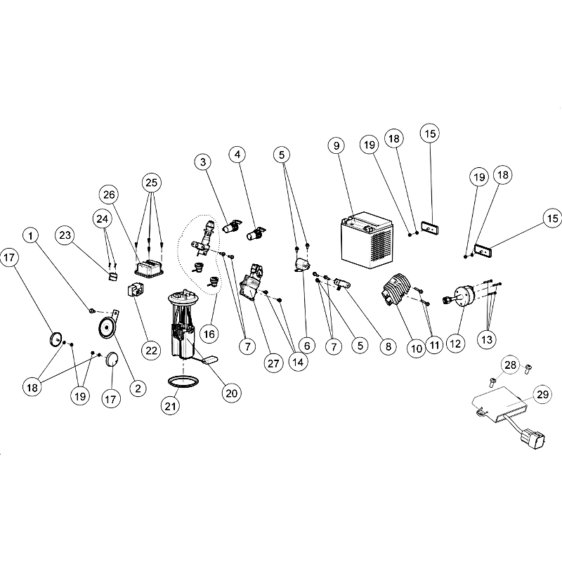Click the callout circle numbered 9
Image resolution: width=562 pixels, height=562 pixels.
(336, 145)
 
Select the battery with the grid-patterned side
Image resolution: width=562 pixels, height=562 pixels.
(366, 240)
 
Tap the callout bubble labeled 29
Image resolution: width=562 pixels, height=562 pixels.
(542, 395)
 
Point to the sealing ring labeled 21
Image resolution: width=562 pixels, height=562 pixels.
(183, 381)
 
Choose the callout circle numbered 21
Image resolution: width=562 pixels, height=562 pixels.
(170, 406)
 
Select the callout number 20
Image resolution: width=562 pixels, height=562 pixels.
(232, 393)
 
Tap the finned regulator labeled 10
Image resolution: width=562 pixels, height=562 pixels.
(396, 289)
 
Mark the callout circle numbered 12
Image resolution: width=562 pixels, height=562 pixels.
(455, 344)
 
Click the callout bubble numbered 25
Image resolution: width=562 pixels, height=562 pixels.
(152, 183)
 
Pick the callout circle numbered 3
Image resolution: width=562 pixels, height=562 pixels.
(203, 162)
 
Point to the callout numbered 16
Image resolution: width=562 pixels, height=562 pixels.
(209, 334)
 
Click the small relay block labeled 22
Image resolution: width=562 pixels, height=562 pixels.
(135, 289)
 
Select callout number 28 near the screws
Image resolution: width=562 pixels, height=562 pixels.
(510, 365)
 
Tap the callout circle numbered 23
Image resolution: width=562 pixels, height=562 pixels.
(65, 235)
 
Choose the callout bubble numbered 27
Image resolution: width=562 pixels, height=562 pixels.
(273, 363)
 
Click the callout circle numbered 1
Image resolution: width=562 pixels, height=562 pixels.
(31, 236)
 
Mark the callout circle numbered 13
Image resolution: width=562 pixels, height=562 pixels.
(487, 339)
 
